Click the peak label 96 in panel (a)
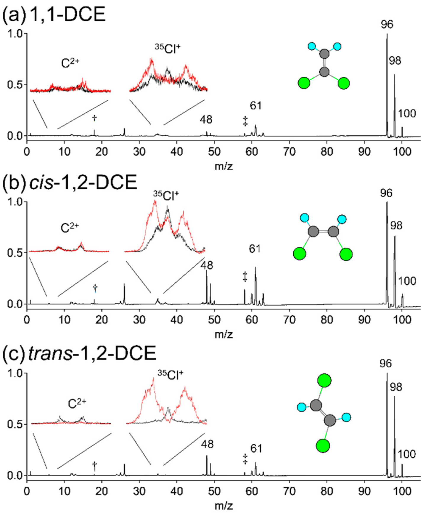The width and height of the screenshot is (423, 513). pyautogui.click(x=387, y=25)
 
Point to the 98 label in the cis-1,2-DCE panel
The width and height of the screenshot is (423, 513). pyautogui.click(x=396, y=226)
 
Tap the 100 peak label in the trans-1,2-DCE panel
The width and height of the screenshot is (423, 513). pyautogui.click(x=406, y=454)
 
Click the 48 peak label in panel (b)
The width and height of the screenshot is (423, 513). pyautogui.click(x=207, y=265)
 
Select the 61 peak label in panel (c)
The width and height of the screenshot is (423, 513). pyautogui.click(x=256, y=449)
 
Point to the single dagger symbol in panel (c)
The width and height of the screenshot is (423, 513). pyautogui.click(x=95, y=466)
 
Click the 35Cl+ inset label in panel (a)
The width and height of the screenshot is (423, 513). pyautogui.click(x=167, y=49)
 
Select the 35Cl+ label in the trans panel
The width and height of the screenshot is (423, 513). pyautogui.click(x=170, y=375)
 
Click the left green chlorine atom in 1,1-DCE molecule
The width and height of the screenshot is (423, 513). pyautogui.click(x=304, y=83)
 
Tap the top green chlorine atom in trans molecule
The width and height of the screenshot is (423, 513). pyautogui.click(x=324, y=381)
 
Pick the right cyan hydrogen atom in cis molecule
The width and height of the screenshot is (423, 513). pyautogui.click(x=342, y=219)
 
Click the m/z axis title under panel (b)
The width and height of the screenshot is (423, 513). pyautogui.click(x=224, y=334)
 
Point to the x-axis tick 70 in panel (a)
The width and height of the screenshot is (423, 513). pyautogui.click(x=289, y=152)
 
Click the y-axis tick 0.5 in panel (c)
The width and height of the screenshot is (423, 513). pyautogui.click(x=15, y=424)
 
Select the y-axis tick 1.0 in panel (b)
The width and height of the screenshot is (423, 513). pyautogui.click(x=15, y=202)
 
